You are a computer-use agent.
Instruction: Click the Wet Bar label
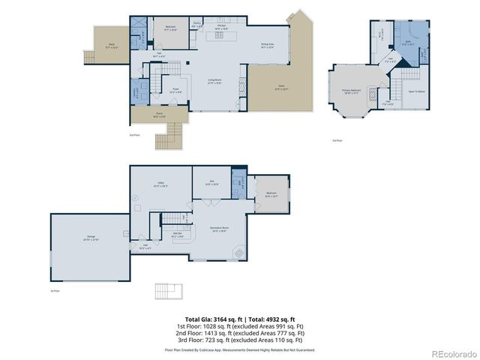(178, 235)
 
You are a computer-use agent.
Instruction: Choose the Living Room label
(214, 80)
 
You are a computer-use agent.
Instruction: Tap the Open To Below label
(416, 91)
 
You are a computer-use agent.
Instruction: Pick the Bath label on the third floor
(408, 43)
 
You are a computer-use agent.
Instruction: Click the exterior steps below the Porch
(166, 138)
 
